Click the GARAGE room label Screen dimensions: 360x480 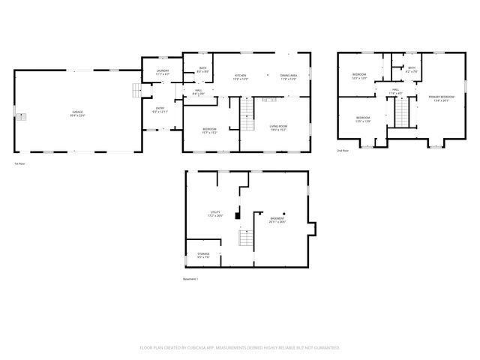77,114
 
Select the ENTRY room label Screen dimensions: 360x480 160,109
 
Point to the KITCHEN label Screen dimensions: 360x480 240,76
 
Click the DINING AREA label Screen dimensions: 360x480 289,76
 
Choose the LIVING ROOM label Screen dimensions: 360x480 279,128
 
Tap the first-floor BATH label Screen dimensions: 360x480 200,70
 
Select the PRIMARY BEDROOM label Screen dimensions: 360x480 441,97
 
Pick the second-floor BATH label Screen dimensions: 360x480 412,69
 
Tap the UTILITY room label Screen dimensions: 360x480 215,214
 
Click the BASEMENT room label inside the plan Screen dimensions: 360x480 278,219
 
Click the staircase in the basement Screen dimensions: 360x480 244,240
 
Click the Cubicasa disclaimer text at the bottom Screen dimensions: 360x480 240,347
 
